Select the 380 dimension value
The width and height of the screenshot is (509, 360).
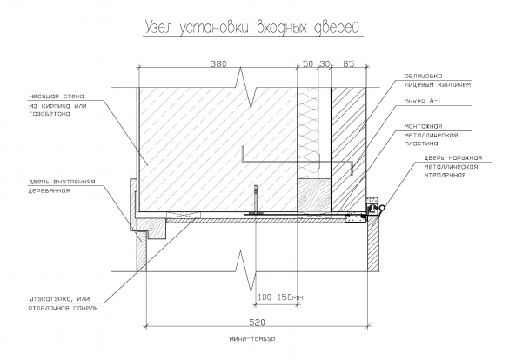coord(218,63)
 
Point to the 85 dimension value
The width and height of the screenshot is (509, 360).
coord(349,63)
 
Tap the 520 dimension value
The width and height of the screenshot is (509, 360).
coord(257,323)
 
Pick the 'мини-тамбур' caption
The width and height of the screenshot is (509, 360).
coord(252,339)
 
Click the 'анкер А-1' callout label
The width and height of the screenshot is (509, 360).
coord(422,101)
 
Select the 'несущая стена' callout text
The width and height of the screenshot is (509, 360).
coord(57,97)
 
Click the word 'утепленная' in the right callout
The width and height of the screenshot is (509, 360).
coord(445,175)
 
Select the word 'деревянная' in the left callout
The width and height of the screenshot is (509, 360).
coord(49,190)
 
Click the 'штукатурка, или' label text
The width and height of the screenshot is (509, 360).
coord(59,299)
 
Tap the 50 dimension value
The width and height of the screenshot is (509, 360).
coord(308,63)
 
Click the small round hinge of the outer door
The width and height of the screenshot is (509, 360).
coord(383,208)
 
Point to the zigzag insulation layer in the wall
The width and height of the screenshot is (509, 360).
coord(308,132)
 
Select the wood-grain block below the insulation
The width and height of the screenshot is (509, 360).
coord(314,195)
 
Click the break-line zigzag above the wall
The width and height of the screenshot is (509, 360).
coord(245,87)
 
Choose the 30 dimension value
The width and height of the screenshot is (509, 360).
coord(324,63)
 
